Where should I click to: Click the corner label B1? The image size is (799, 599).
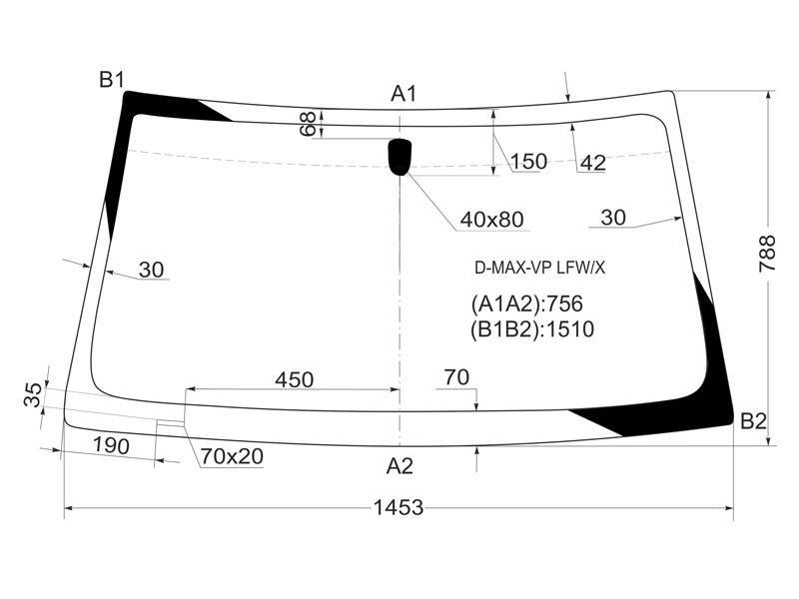(x=112, y=80)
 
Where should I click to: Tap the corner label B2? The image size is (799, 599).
(x=753, y=421)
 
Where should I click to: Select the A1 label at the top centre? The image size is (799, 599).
(x=403, y=94)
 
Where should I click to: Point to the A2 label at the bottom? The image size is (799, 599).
(x=399, y=466)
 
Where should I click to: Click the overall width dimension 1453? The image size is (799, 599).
(x=399, y=507)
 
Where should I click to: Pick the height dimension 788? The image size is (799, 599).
(x=767, y=254)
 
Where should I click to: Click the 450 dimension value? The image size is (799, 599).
(x=294, y=379)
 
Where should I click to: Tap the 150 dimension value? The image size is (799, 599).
(x=528, y=162)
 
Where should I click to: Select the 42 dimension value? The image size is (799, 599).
(x=593, y=163)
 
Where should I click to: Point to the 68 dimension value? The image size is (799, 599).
(x=309, y=124)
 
